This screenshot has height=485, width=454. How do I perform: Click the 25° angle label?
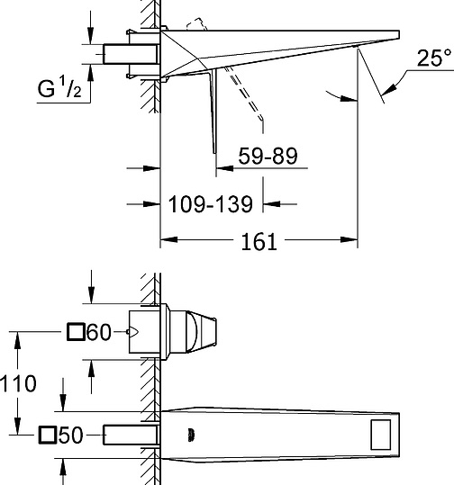[x=433, y=58]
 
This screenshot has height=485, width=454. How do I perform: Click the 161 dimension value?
[x=259, y=241]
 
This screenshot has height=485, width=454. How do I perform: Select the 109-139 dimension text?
[x=210, y=204]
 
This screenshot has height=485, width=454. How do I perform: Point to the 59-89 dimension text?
[x=268, y=156]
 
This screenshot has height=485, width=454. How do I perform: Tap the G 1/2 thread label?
[x=59, y=88]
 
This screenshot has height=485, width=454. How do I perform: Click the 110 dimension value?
[x=18, y=383]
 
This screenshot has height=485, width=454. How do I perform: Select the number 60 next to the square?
[x=99, y=332]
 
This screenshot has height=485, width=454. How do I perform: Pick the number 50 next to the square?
[x=71, y=435]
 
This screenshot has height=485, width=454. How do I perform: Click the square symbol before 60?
[x=76, y=332]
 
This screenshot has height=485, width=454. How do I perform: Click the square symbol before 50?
[x=48, y=435]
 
